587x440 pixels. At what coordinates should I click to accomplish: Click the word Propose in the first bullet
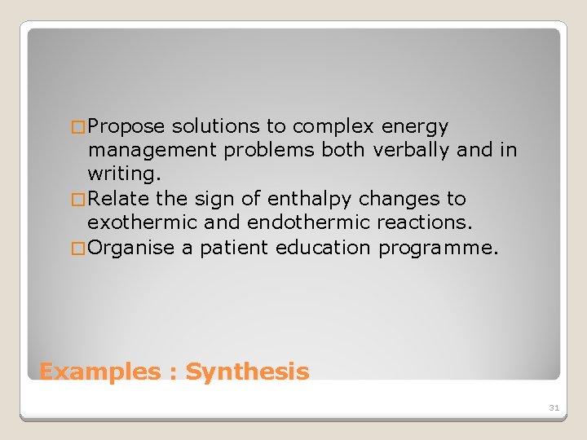pos(126,127)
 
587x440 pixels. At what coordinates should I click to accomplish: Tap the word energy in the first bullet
pos(415,127)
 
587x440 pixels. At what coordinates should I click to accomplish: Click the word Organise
pos(131,248)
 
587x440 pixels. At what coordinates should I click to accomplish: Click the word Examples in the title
pos(100,372)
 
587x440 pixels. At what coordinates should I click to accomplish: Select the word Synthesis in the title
pos(247,372)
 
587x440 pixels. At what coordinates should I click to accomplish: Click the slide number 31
pos(554,407)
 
